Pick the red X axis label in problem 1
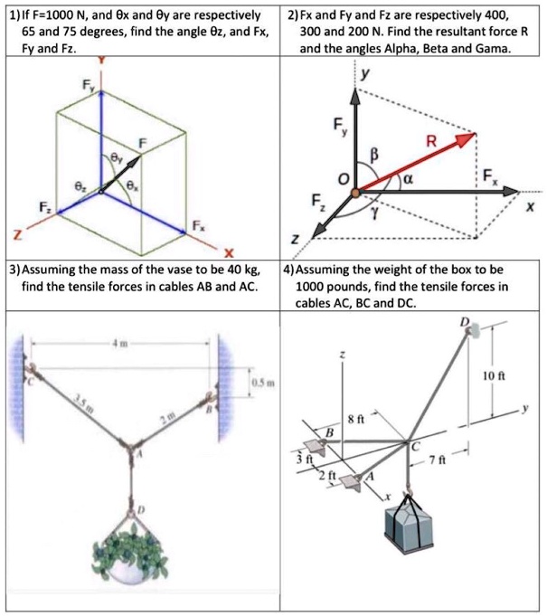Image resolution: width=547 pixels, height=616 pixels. coord(229,252)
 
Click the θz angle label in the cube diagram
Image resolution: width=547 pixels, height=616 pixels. coord(80,185)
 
